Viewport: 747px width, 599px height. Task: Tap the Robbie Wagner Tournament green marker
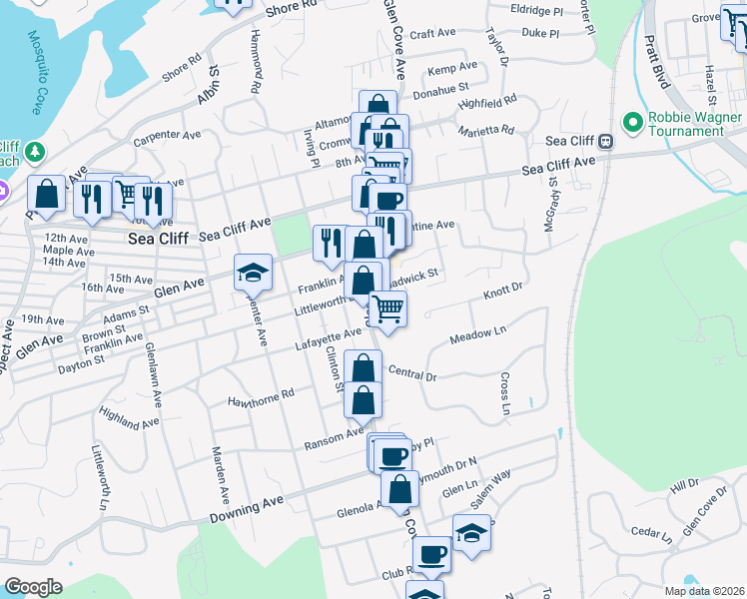click(x=632, y=123)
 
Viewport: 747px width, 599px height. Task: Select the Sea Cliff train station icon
click(x=606, y=142)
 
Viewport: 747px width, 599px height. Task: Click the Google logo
click(x=33, y=587)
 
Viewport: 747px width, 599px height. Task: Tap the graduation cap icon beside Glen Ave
click(x=253, y=271)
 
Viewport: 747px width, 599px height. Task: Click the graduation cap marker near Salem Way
click(x=471, y=534)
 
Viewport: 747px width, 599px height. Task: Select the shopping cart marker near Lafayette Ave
click(x=387, y=308)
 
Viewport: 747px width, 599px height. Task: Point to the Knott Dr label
click(x=503, y=290)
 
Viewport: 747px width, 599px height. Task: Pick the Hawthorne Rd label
click(x=261, y=395)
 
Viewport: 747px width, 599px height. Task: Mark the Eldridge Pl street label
click(x=536, y=10)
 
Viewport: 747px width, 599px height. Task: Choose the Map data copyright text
click(x=703, y=591)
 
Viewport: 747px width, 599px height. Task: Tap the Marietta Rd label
click(x=485, y=131)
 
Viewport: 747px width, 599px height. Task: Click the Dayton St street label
click(x=81, y=367)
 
